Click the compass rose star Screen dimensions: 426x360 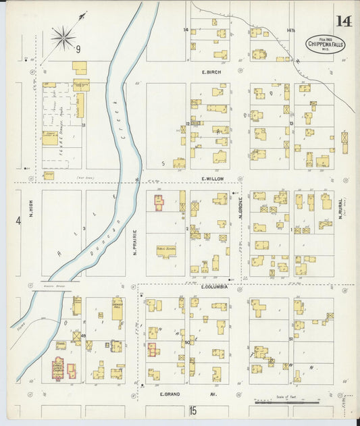[x=63, y=36]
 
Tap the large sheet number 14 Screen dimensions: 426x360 [x=343, y=21]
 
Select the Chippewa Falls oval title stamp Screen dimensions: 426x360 [x=323, y=44]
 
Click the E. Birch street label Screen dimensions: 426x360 [x=211, y=72]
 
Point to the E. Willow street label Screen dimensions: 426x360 [x=212, y=179]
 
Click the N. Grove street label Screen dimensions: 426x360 [x=240, y=212]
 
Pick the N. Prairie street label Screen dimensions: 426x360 [x=135, y=244]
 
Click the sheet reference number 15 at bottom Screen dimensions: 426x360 [x=192, y=410]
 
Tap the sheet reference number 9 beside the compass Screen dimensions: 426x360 [x=78, y=49]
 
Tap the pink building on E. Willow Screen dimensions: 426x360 [x=159, y=203]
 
